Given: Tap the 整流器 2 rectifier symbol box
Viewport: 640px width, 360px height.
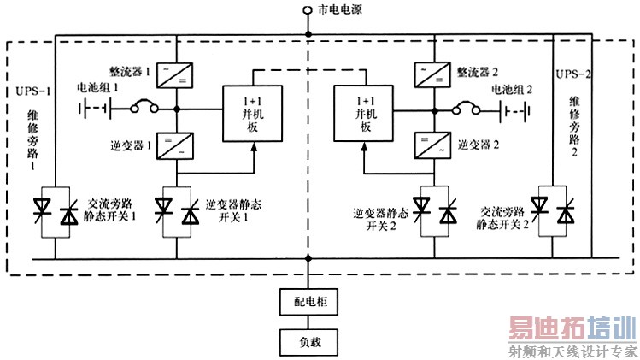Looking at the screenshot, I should [x=435, y=74].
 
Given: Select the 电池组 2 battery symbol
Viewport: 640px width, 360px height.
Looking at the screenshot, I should [x=518, y=109].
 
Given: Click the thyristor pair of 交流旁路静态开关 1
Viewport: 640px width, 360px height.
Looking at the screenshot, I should [x=56, y=212].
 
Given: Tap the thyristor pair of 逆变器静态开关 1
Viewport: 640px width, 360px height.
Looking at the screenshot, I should [x=177, y=212].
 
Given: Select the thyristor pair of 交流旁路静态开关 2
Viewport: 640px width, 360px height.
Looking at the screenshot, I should [x=552, y=212].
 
